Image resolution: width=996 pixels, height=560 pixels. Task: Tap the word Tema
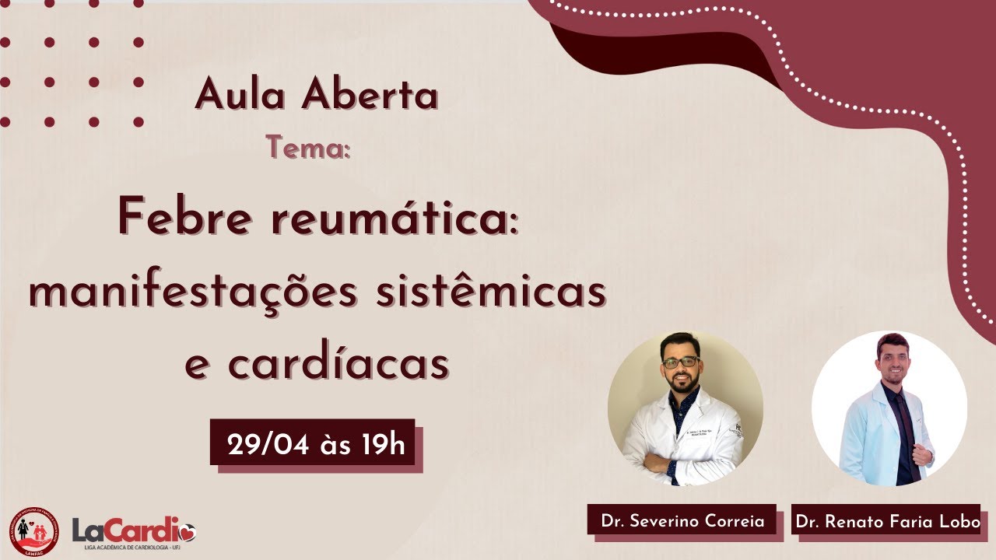pos(308,147)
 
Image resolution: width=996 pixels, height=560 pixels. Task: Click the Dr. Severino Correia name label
pos(682,521)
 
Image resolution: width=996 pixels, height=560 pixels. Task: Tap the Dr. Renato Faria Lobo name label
pos(887,521)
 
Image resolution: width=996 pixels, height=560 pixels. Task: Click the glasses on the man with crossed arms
pos(681,362)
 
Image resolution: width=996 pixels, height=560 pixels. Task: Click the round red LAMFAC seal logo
pos(34,531)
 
